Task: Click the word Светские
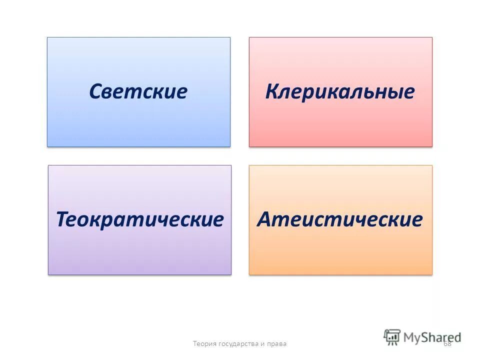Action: [138, 91]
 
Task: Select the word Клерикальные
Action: [340, 91]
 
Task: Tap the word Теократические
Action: [139, 219]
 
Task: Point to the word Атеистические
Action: [340, 219]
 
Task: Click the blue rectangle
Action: [138, 125]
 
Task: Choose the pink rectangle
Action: [340, 125]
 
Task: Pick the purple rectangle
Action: [139, 252]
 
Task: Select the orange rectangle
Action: [340, 252]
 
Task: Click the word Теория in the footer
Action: [203, 343]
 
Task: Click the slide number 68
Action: [447, 343]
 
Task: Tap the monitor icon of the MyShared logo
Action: [392, 336]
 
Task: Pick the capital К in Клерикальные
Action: [273, 91]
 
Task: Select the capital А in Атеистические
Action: [265, 219]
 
